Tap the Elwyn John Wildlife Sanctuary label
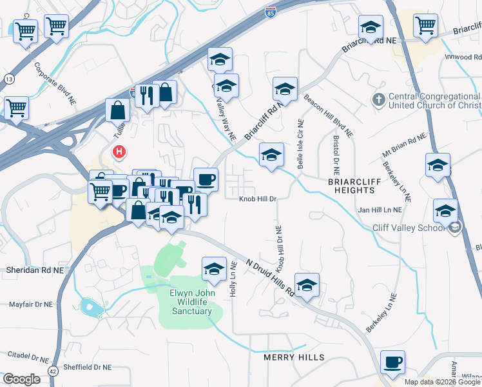[x=190, y=302]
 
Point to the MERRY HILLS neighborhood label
[x=294, y=357]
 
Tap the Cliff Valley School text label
[x=409, y=228]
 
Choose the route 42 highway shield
[x=53, y=372]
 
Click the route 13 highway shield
[x=8, y=78]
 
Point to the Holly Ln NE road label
[x=234, y=279]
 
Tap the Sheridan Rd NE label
[x=35, y=269]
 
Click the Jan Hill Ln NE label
[x=380, y=210]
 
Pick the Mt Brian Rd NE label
[x=405, y=146]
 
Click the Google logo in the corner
[x=21, y=379]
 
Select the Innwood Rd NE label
[x=463, y=57]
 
